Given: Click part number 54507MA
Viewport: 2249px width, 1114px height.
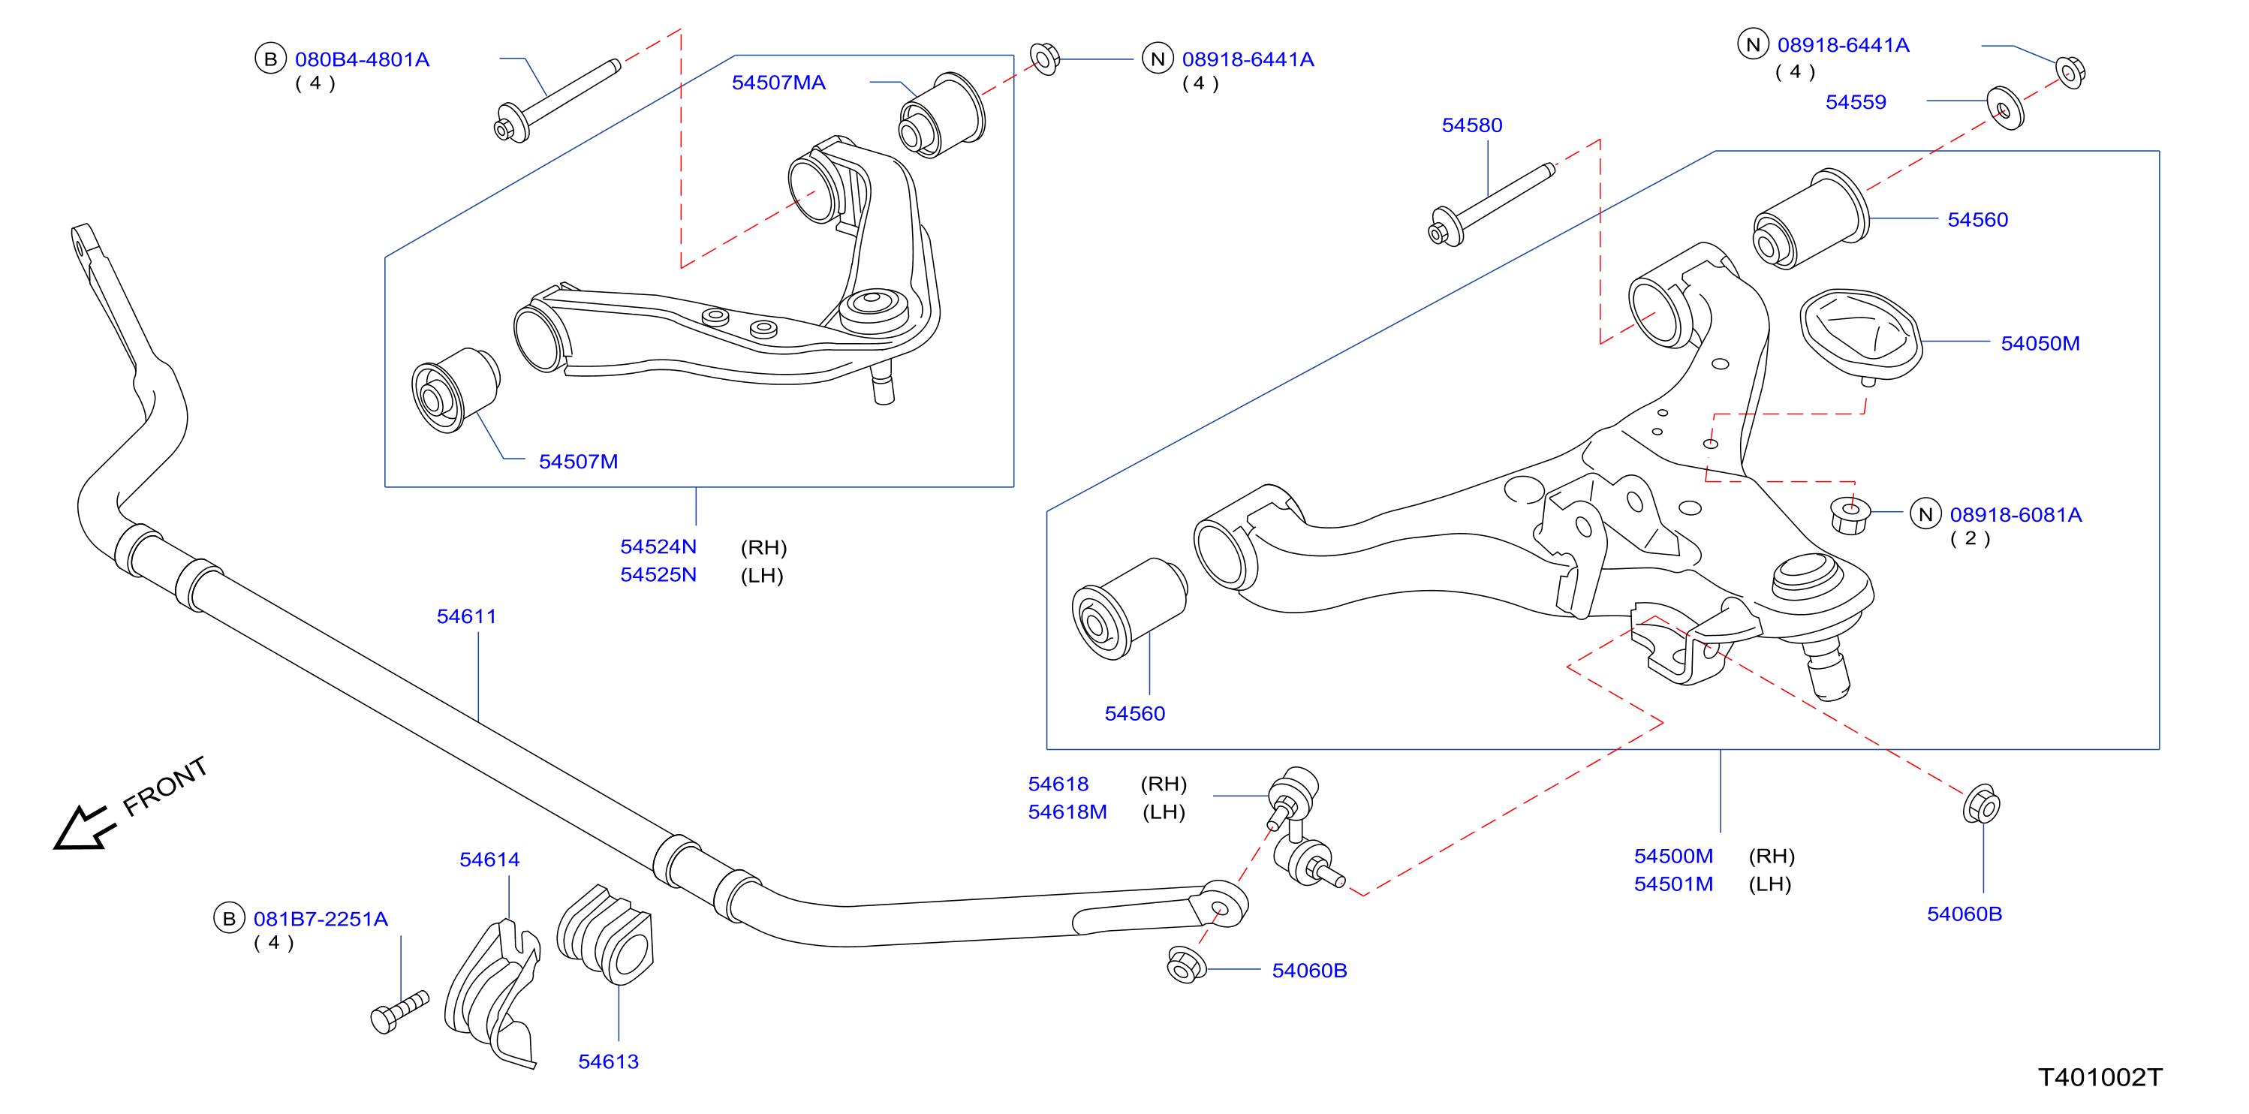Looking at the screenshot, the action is point(778,83).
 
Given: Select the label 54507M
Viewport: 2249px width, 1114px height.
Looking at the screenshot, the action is point(578,462).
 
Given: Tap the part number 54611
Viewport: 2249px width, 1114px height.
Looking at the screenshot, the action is point(466,616).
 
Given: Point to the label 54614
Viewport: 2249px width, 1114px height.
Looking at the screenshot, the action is point(489,860).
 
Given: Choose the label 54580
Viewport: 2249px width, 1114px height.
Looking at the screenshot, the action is point(1471,125).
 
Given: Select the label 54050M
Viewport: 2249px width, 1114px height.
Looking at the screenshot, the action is point(2040,344).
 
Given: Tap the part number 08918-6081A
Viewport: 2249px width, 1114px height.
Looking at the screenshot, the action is point(2015,515).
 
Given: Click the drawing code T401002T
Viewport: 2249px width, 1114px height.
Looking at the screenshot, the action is point(2100,1077).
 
